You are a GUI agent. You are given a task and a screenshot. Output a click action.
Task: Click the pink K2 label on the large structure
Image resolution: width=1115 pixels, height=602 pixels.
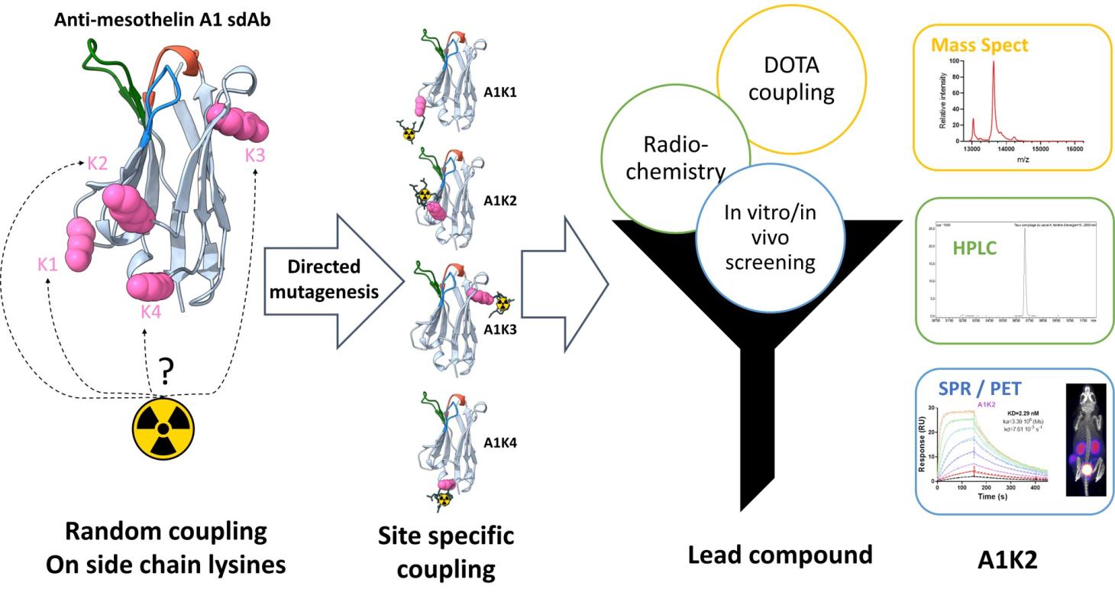tap(97, 163)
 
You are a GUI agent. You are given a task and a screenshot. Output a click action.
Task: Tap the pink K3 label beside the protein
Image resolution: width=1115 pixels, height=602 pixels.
tap(255, 156)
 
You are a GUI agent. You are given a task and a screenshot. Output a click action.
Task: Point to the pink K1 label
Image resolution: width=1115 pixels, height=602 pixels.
tap(47, 264)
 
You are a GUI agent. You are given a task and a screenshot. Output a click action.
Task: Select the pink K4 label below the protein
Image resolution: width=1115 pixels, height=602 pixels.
tap(150, 311)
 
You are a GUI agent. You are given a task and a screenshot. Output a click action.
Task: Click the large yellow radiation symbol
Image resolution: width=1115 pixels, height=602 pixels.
tap(163, 432)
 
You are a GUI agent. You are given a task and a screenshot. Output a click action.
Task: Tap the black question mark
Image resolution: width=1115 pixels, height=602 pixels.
tap(165, 372)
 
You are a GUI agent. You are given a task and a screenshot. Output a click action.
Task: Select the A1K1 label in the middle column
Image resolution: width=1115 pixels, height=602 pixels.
tap(500, 92)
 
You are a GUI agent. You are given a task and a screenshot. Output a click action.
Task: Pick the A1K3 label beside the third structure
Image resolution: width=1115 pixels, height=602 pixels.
tap(500, 329)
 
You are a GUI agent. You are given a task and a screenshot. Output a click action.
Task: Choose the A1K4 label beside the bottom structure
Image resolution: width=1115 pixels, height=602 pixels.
tap(500, 442)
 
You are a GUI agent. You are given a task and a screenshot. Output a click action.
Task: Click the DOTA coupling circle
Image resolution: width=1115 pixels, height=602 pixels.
tap(791, 79)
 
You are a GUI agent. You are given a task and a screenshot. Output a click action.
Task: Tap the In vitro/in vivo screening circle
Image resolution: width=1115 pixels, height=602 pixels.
tap(770, 237)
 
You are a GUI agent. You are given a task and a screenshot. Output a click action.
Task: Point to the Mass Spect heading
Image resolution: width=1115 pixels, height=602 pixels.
tap(979, 44)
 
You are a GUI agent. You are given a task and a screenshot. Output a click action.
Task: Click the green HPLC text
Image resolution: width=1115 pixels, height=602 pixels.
tap(974, 248)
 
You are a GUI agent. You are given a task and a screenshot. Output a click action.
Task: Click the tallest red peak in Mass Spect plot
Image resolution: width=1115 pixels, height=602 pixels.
tap(994, 65)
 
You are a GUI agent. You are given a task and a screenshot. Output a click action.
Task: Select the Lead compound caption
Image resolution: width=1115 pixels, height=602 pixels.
tap(780, 555)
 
